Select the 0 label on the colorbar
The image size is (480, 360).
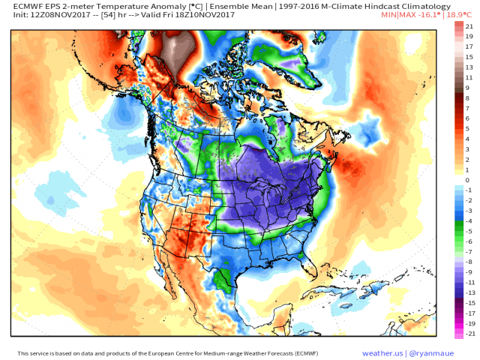click(467, 180)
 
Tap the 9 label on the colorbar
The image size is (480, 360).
click(467, 88)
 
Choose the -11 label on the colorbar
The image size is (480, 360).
click(467, 281)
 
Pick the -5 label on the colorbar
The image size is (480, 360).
click(467, 231)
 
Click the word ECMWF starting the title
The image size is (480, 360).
click(27, 6)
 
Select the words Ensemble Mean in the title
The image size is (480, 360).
click(234, 6)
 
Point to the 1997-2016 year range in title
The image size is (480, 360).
click(293, 6)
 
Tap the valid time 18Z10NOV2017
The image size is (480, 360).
click(202, 15)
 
